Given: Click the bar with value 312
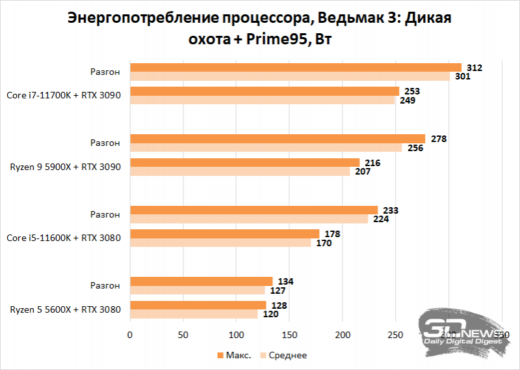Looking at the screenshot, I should coord(296,67).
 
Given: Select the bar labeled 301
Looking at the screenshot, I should coord(290,76).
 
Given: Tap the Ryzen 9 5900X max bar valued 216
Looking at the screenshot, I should coord(244,162).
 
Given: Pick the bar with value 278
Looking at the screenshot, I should coord(278,139).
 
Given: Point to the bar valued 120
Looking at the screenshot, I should coord(194,314).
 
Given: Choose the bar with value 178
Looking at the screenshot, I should coord(224,234).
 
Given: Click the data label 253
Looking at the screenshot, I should coord(411,91).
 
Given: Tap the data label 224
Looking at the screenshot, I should coord(381,220).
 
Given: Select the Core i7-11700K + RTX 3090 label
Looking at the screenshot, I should coord(64,95).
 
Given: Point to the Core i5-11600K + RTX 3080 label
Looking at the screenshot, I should coord(64,238).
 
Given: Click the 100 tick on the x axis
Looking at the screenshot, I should coord(236,335).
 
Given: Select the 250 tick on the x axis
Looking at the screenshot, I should coord(395,335).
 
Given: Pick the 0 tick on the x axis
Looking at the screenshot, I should coord(130,335).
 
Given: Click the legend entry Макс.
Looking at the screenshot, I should coord(233,355).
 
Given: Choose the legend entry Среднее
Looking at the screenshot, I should coord(285,355).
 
